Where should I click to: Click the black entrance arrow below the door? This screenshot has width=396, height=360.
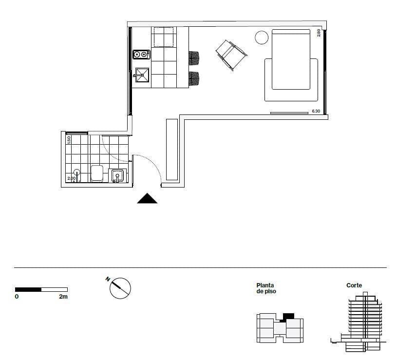pyautogui.click(x=147, y=199)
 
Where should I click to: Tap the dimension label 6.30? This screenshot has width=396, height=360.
pyautogui.click(x=316, y=112)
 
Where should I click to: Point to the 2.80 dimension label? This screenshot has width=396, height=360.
pyautogui.click(x=319, y=33)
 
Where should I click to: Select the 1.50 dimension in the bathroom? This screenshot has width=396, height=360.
pyautogui.click(x=69, y=139)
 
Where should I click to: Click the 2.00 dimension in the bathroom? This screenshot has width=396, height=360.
pyautogui.click(x=71, y=179)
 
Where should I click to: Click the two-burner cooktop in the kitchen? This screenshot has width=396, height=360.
pyautogui.click(x=141, y=55)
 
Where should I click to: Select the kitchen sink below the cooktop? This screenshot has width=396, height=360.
pyautogui.click(x=142, y=74)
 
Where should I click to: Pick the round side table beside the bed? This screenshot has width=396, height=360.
pyautogui.click(x=262, y=38)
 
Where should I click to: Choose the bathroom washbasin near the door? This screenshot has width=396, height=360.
pyautogui.click(x=118, y=175)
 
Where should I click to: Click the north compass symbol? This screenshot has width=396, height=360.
pyautogui.click(x=120, y=288)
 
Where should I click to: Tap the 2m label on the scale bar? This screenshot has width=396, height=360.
pyautogui.click(x=63, y=296)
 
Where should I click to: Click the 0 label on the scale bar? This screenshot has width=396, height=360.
pyautogui.click(x=17, y=296)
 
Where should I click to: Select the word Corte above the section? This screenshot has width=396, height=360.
pyautogui.click(x=354, y=285)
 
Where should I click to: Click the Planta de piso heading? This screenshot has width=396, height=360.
pyautogui.click(x=266, y=288)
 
